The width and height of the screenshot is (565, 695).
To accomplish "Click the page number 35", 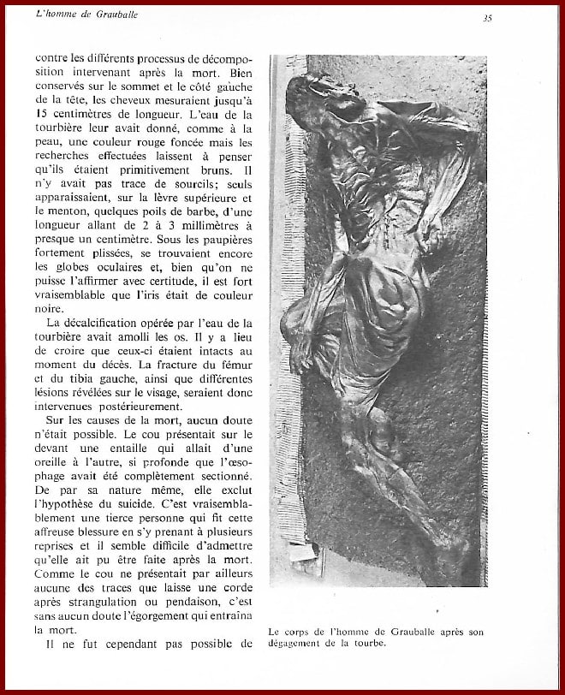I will (x=487, y=17).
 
